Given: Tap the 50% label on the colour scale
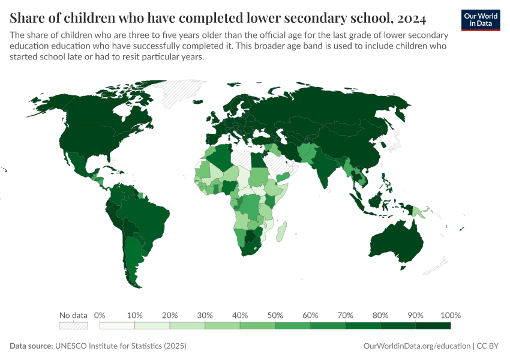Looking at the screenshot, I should click(275, 315).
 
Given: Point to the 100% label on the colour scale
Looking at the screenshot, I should click(450, 315).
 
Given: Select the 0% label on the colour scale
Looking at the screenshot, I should click(100, 315).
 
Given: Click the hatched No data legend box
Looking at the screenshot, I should click(73, 326).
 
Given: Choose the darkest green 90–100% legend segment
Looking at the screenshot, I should click(433, 326).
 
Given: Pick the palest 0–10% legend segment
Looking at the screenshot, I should click(117, 326).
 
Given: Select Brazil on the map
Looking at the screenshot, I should click(147, 213).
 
